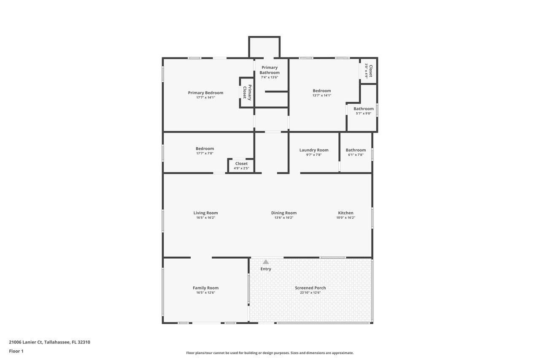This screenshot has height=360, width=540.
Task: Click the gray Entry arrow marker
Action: pyautogui.click(x=266, y=262)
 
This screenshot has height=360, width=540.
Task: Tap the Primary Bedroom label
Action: pyautogui.click(x=205, y=93)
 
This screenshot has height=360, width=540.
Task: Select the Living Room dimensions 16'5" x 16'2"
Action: pyautogui.click(x=205, y=218)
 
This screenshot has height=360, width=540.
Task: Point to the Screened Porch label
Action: pyautogui.click(x=310, y=288)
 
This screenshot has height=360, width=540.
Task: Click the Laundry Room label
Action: pyautogui.click(x=314, y=150)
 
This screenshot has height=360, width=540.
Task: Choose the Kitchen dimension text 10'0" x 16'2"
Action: pyautogui.click(x=346, y=218)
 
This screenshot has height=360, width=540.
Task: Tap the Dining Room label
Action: pyautogui.click(x=284, y=213)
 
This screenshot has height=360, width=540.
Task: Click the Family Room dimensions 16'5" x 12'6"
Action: pyautogui.click(x=205, y=293)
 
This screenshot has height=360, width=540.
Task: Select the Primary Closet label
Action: pyautogui.click(x=247, y=92)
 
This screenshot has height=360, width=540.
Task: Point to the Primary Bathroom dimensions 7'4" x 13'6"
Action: pyautogui.click(x=270, y=77)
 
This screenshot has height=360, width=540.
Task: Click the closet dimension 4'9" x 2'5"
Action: pyautogui.click(x=241, y=168)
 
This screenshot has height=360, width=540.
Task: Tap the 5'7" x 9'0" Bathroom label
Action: pyautogui.click(x=364, y=109)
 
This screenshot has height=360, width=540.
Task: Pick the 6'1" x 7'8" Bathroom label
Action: pyautogui.click(x=356, y=150)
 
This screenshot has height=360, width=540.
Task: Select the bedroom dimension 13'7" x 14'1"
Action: pyautogui.click(x=322, y=95)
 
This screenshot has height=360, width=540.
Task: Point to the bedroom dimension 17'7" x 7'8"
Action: pyautogui.click(x=205, y=153)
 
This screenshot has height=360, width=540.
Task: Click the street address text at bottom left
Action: pyautogui.click(x=50, y=342)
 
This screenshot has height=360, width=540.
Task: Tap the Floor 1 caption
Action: pyautogui.click(x=16, y=351)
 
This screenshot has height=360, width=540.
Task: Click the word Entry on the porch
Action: pyautogui.click(x=266, y=269)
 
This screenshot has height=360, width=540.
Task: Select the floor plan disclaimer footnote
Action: pyautogui.click(x=270, y=353)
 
